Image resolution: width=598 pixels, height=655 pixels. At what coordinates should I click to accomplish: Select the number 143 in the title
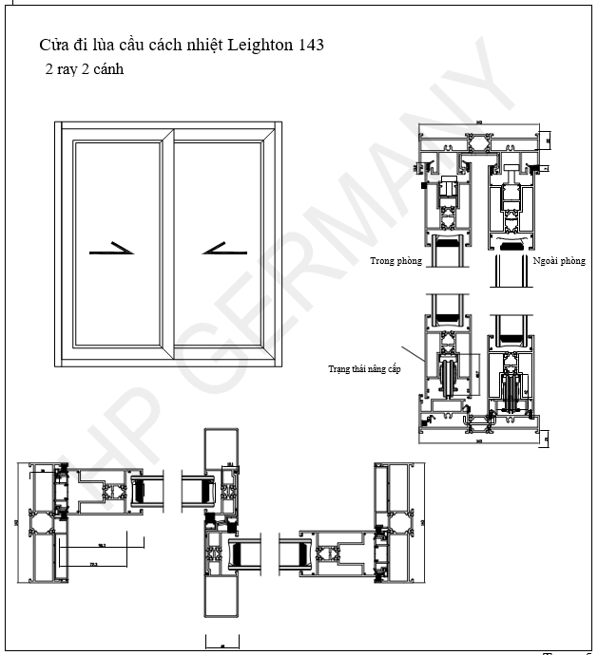(310, 45)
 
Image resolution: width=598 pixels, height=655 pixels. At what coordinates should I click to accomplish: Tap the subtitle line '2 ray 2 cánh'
(84, 69)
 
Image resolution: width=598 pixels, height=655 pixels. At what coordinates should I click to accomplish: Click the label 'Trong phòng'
(395, 260)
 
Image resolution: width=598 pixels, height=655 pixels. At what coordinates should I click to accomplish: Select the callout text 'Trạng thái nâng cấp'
(363, 369)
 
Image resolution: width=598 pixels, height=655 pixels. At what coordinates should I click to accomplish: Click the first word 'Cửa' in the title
(52, 45)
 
